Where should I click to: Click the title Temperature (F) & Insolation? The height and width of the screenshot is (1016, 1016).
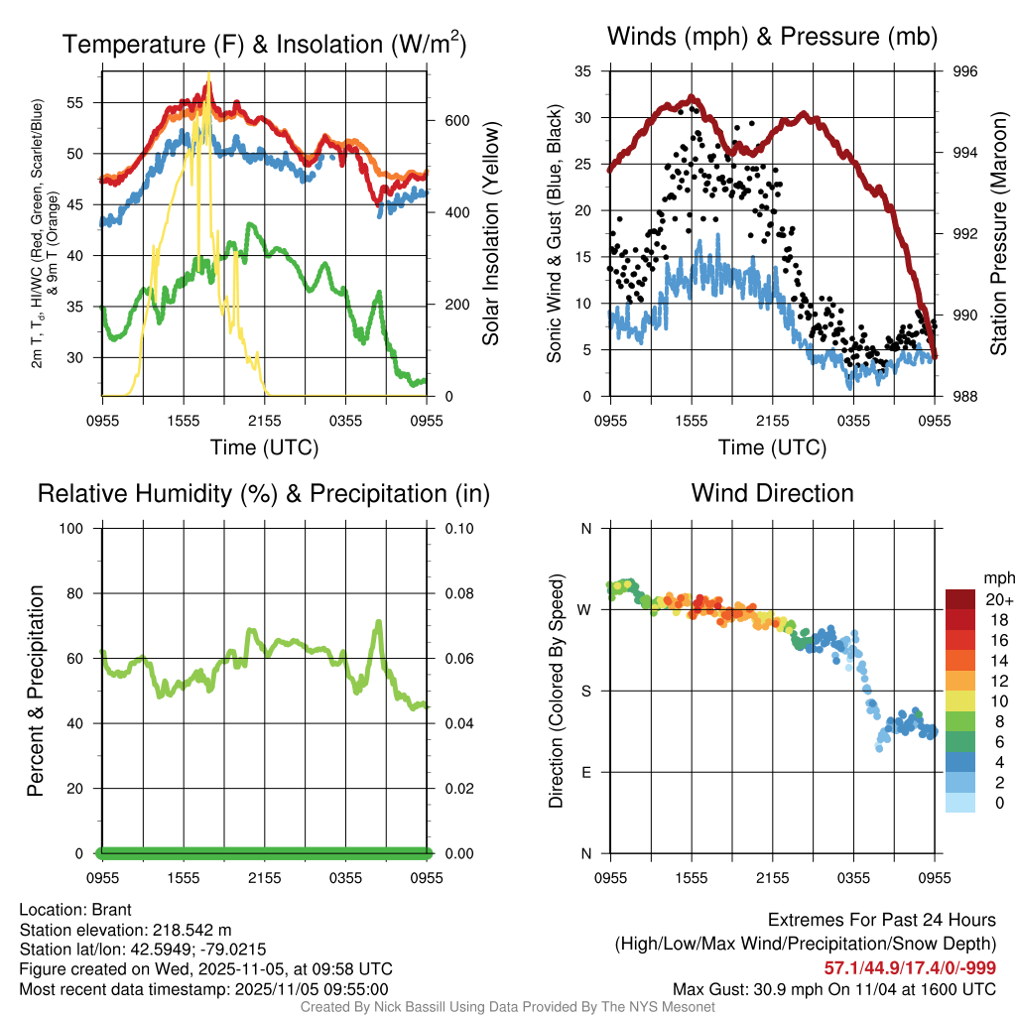(264, 45)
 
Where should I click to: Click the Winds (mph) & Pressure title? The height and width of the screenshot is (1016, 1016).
(772, 38)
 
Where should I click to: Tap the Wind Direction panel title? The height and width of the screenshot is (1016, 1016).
(772, 493)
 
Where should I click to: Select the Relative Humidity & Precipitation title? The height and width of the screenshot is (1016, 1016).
(264, 493)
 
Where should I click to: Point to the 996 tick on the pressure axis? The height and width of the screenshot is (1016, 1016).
(965, 71)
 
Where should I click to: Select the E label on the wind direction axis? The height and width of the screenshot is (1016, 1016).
(586, 772)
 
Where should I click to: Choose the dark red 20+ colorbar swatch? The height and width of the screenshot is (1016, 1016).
(959, 599)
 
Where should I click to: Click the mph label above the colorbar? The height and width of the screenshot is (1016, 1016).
(998, 577)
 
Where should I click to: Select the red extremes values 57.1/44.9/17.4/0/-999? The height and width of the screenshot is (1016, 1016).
(910, 967)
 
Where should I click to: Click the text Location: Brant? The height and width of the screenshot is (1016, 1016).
(75, 910)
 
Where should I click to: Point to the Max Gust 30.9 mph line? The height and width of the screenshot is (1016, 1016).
(834, 988)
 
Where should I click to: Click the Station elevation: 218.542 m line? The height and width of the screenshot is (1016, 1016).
(125, 930)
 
